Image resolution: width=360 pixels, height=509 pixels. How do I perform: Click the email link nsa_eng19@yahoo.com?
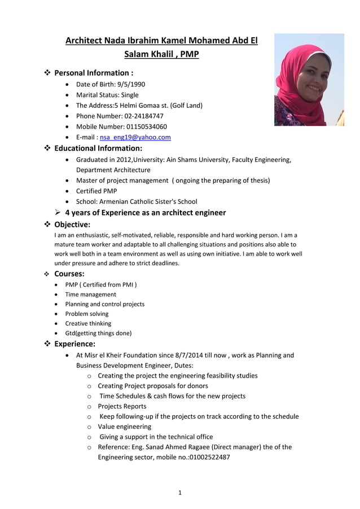pyautogui.click(x=135, y=137)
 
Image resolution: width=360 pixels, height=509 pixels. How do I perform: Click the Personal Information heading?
pyautogui.click(x=93, y=73)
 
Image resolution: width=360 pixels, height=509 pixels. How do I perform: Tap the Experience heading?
pyautogui.click(x=74, y=344)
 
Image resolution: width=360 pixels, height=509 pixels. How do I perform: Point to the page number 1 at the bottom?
pyautogui.click(x=179, y=493)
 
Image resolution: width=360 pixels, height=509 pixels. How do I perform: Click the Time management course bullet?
pyautogui.click(x=90, y=294)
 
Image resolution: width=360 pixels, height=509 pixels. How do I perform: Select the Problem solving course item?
pyautogui.click(x=86, y=314)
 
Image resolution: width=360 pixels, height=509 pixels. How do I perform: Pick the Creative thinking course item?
pyautogui.click(x=88, y=323)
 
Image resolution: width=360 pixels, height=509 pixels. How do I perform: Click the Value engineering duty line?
pyautogui.click(x=124, y=427)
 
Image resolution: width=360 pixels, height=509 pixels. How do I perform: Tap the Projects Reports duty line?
pyautogui.click(x=122, y=406)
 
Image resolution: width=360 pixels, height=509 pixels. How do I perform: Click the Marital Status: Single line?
pyautogui.click(x=107, y=95)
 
